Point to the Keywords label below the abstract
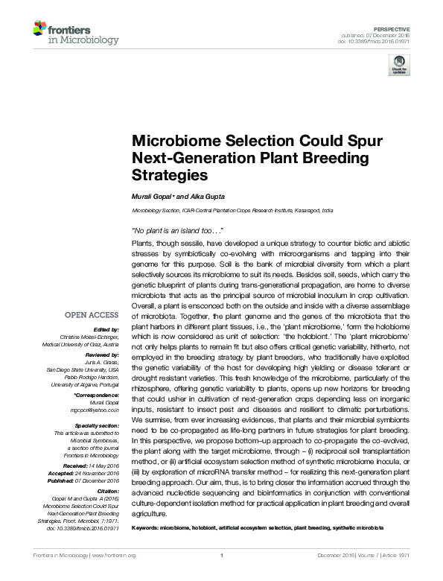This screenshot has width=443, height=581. (145, 527)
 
